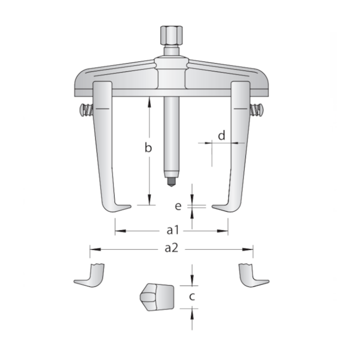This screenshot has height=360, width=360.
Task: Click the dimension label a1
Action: (173, 230)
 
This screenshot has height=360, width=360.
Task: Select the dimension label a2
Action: (171, 248)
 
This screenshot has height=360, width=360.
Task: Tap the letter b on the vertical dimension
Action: (148, 147)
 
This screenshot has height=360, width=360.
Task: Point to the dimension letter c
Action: (192, 296)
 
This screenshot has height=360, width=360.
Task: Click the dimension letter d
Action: (222, 136)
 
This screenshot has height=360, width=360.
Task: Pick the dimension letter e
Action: (178, 206)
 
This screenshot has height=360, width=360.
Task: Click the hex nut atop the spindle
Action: (171, 35)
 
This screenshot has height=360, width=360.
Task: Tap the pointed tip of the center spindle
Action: (171, 186)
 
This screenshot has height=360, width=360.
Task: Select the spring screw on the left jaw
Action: (86, 110)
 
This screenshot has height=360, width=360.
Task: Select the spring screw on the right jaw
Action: (257, 110)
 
